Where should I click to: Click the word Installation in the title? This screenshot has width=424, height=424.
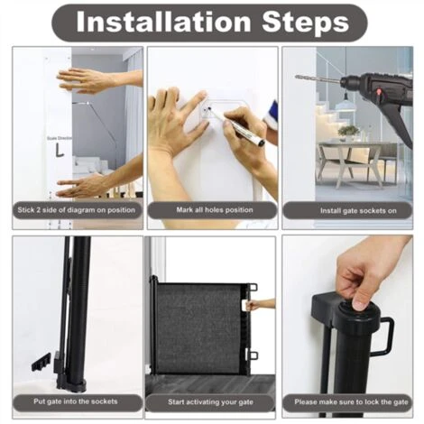tap(163, 23)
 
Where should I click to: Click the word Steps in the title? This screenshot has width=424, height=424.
tap(305, 23)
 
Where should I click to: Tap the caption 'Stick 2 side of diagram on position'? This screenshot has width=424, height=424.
tap(77, 210)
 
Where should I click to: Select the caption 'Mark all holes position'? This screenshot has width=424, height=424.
tap(215, 210)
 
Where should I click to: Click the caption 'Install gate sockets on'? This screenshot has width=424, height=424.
tap(358, 211)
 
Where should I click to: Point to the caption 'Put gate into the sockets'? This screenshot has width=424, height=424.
tap(76, 401)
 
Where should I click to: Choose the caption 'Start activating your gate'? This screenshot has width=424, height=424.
tap(210, 401)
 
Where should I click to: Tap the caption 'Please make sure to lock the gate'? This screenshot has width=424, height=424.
tap(351, 401)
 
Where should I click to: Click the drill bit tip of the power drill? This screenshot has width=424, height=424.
tap(297, 77)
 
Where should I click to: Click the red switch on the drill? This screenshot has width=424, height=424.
tap(379, 90)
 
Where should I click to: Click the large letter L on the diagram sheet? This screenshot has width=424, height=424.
tap(60, 150)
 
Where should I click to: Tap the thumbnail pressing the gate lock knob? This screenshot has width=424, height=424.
tap(359, 305)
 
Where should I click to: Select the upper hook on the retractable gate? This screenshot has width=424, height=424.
tap(253, 287)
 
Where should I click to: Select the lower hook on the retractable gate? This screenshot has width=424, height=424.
tap(253, 355)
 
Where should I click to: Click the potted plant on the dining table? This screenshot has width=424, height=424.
tap(348, 133)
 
